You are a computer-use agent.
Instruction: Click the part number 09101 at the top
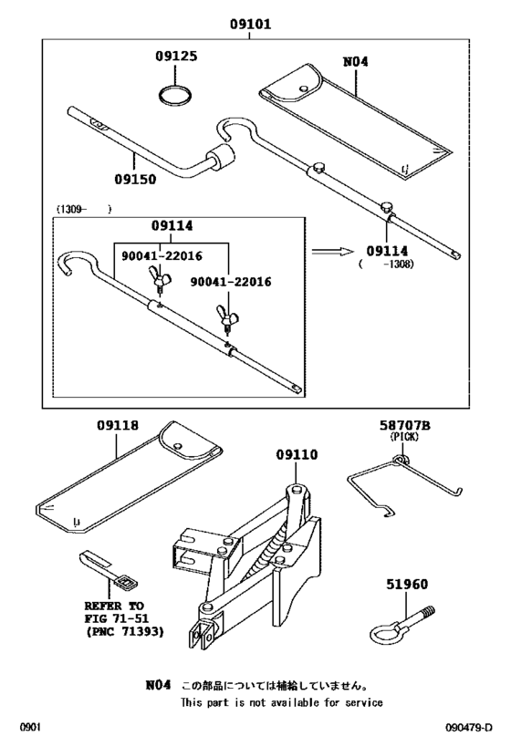[x=250, y=24]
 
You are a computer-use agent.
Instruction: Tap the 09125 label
[x=176, y=56]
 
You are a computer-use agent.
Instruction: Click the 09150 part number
[x=135, y=179]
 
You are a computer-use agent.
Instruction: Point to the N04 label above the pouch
[x=356, y=61]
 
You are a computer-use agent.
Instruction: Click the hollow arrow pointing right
[x=333, y=251]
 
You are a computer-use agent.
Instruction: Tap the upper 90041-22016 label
[x=162, y=255]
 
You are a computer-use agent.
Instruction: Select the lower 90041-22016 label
[x=231, y=282]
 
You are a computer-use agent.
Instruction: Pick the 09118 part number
[x=118, y=424]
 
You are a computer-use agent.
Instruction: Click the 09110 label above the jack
[x=297, y=454]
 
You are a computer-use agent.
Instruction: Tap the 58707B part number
[x=405, y=425]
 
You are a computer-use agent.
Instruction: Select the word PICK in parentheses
[x=404, y=436]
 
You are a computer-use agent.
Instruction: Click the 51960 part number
[x=407, y=584]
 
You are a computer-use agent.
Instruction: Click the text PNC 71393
[x=125, y=632]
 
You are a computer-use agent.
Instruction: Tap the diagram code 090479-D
[x=469, y=728]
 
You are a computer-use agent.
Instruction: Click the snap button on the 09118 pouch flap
[x=178, y=446]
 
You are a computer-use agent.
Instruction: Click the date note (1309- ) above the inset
[x=84, y=209]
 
